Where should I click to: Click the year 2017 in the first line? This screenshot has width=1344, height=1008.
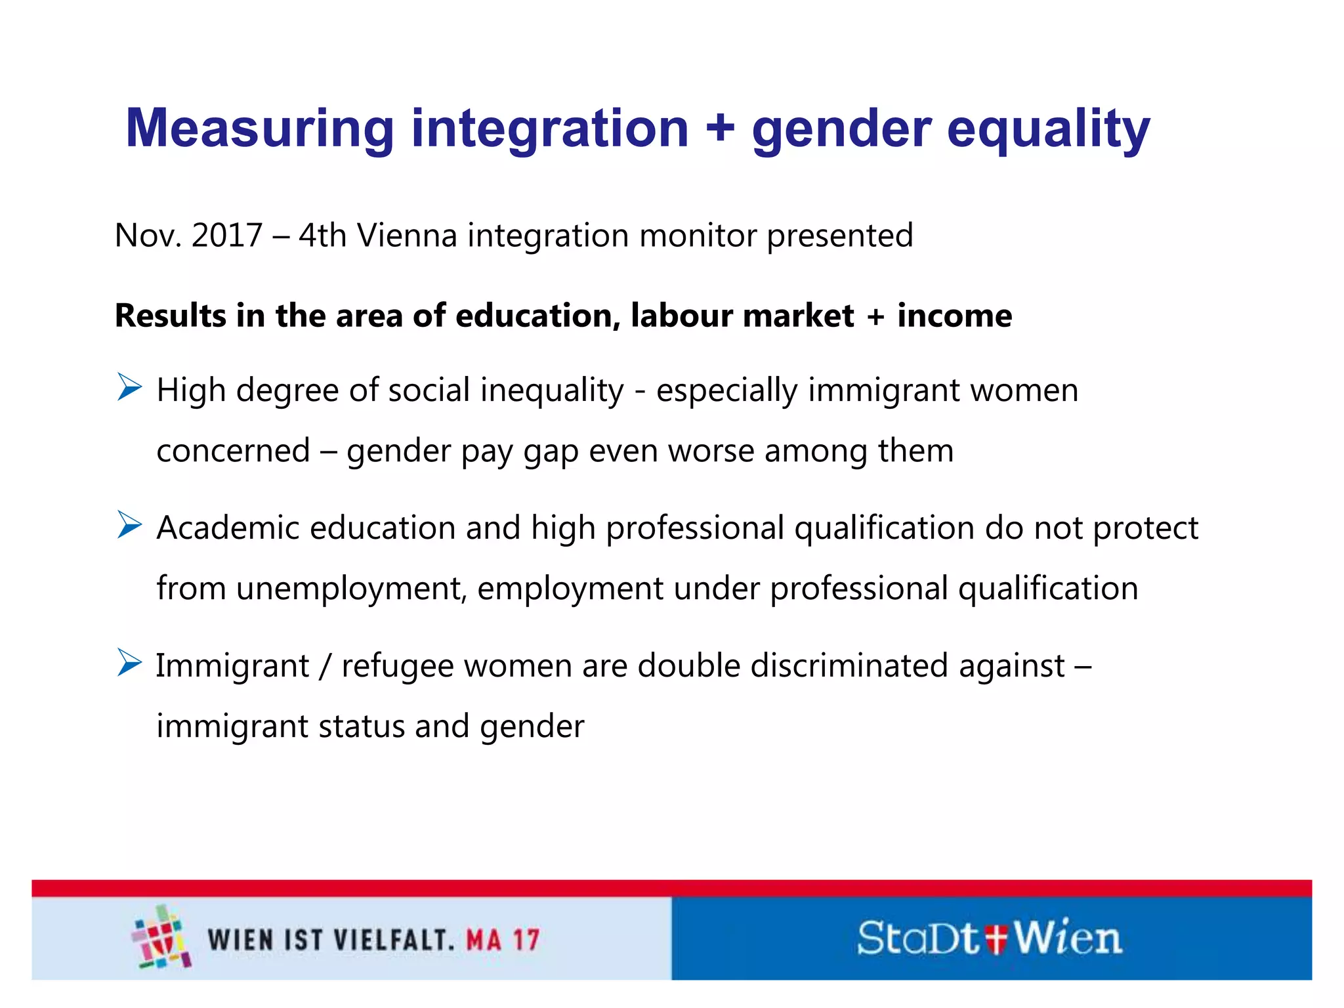tap(226, 235)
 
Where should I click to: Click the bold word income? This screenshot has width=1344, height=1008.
tap(954, 316)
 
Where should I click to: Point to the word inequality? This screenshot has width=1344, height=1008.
tap(552, 390)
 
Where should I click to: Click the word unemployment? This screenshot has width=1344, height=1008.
tap(351, 589)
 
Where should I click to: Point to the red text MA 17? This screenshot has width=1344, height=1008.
tap(503, 940)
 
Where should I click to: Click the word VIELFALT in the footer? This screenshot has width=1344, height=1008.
tap(394, 940)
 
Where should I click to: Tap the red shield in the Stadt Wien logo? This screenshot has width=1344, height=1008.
tap(996, 938)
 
